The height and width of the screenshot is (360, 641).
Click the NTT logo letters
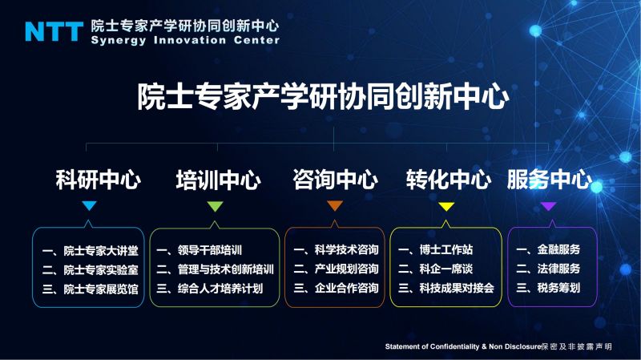(x=54, y=31)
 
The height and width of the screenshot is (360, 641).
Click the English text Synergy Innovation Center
(x=185, y=40)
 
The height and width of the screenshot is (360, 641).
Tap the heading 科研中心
(x=98, y=180)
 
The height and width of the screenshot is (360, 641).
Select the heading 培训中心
(x=218, y=180)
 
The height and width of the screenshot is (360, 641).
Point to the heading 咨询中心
(x=335, y=180)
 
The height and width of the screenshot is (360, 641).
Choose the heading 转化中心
(x=449, y=180)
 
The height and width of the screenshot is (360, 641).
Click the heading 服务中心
(x=550, y=180)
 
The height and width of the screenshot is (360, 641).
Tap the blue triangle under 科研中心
(x=89, y=205)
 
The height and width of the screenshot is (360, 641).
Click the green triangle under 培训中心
(x=215, y=206)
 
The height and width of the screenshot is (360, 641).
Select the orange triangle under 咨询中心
(x=335, y=206)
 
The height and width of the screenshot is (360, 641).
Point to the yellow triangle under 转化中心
(x=446, y=206)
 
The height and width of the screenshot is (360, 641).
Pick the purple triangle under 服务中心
(x=549, y=206)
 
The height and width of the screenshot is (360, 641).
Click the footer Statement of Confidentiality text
(x=463, y=346)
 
